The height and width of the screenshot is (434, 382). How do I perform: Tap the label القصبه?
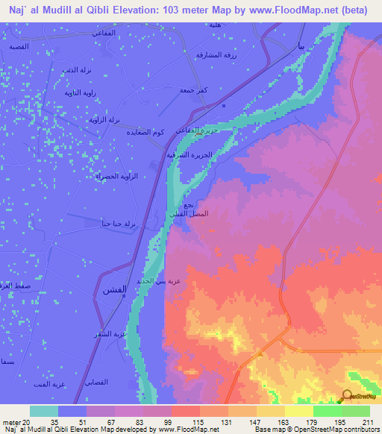pyautogui.click(x=19, y=46)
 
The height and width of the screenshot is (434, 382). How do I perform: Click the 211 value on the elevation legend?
pyautogui.click(x=366, y=422)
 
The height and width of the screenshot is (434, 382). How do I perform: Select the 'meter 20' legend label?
pyautogui.click(x=16, y=422)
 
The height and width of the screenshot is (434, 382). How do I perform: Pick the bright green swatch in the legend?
pyautogui.click(x=328, y=411)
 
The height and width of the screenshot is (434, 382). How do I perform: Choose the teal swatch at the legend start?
pyautogui.click(x=44, y=411)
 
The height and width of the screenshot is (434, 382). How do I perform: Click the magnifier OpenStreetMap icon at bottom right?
pyautogui.click(x=348, y=396)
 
